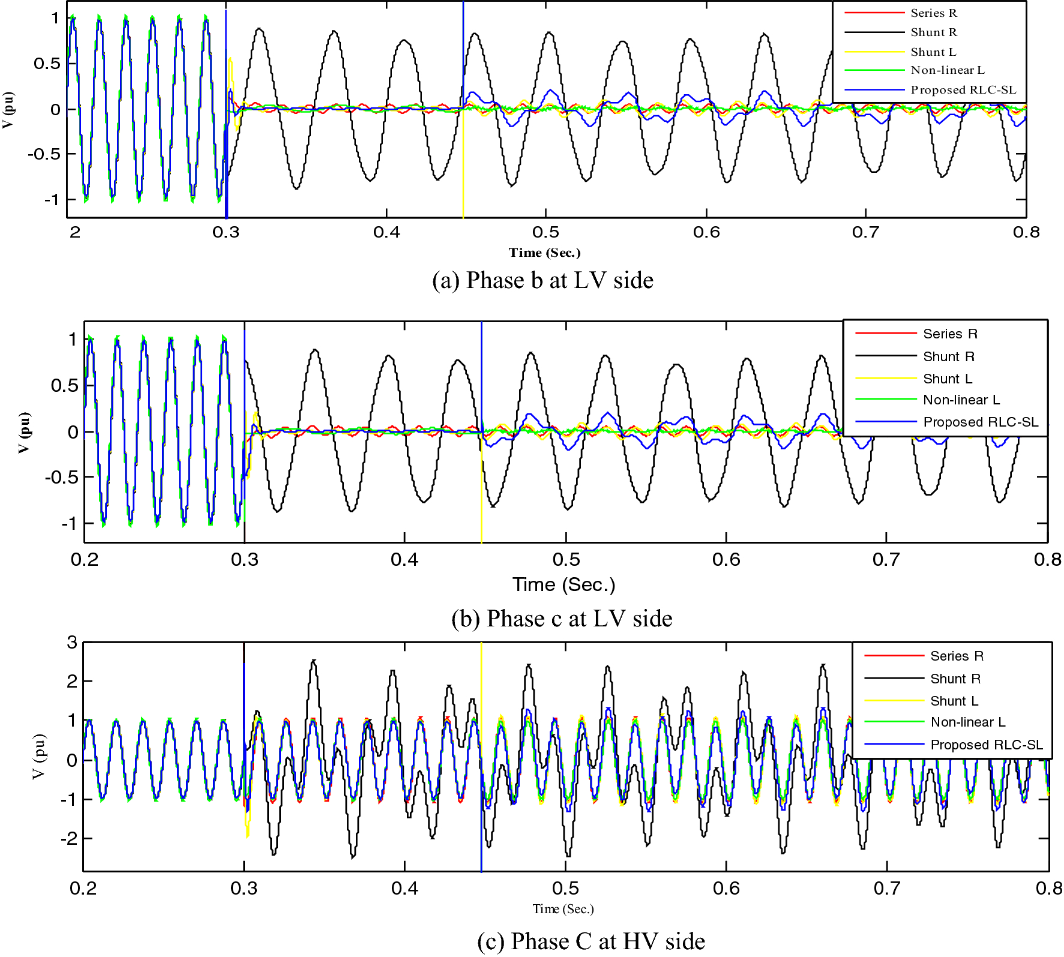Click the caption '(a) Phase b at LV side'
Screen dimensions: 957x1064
point(543,280)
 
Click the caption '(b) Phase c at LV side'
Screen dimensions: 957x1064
point(562,619)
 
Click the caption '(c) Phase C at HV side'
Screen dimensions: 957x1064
point(591,941)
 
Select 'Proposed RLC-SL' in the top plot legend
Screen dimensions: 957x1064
point(963,90)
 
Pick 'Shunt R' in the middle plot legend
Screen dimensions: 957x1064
point(949,357)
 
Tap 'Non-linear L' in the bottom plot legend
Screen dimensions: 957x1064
point(967,722)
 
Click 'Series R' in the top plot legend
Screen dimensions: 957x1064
point(934,13)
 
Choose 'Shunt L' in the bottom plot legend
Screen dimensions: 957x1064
point(954,701)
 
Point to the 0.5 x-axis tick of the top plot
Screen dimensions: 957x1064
point(546,232)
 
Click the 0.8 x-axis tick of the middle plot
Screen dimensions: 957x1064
point(1047,560)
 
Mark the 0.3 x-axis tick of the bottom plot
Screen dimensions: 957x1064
point(244,888)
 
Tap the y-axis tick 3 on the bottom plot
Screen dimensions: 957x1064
point(72,643)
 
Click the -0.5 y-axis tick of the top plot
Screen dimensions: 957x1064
point(43,154)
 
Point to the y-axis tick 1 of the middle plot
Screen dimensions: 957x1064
point(73,340)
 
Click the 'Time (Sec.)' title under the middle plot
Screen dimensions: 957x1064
point(564,584)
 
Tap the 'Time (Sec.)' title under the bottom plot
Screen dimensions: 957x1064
point(563,909)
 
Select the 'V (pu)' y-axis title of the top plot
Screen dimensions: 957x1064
point(8,110)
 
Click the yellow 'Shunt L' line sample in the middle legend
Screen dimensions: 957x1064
point(885,379)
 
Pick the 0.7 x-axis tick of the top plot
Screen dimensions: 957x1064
point(865,232)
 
